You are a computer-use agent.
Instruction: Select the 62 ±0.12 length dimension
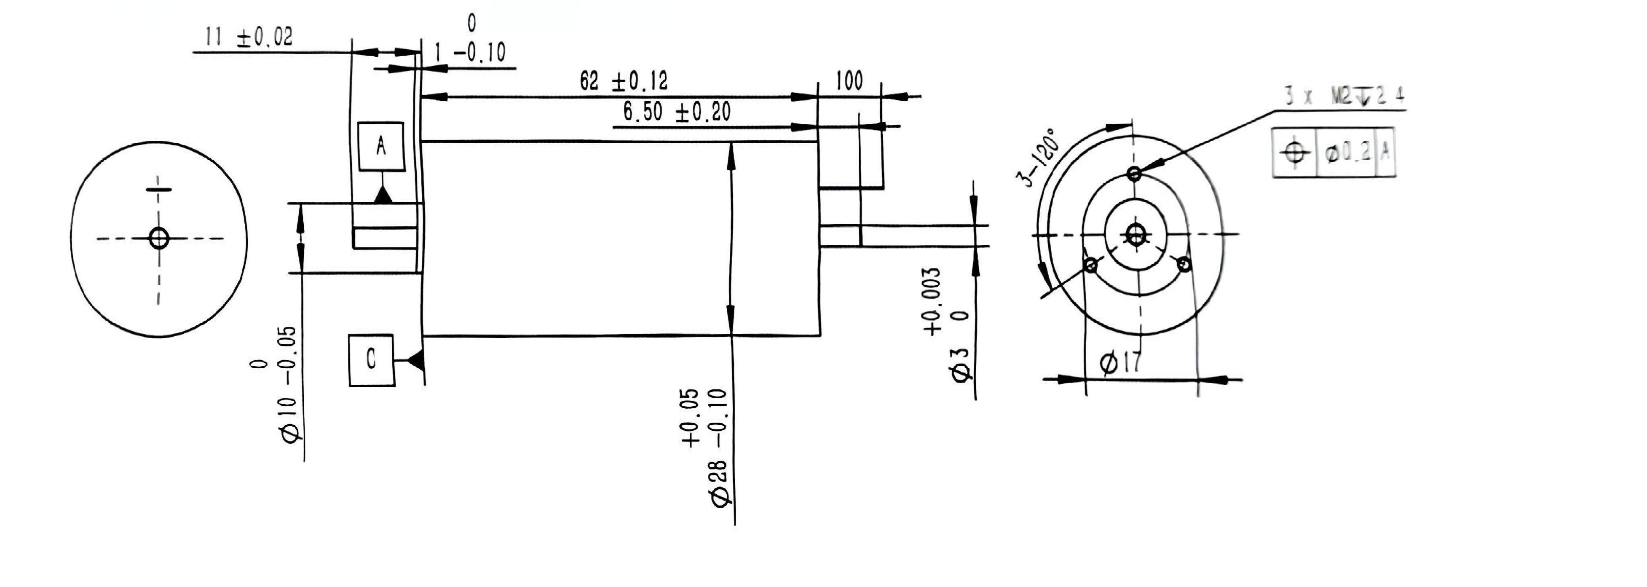624,82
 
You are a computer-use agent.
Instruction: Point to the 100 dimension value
849,82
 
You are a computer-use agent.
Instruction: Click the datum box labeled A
381,146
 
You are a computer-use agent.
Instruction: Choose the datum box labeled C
371,360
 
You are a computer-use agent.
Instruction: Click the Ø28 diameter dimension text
710,448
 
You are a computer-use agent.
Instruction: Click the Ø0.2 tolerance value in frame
1348,152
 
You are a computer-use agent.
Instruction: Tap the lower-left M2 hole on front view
1091,265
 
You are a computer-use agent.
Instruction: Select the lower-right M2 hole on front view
1184,264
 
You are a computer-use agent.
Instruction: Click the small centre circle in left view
158,239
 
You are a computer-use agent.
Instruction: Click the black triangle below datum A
383,195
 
